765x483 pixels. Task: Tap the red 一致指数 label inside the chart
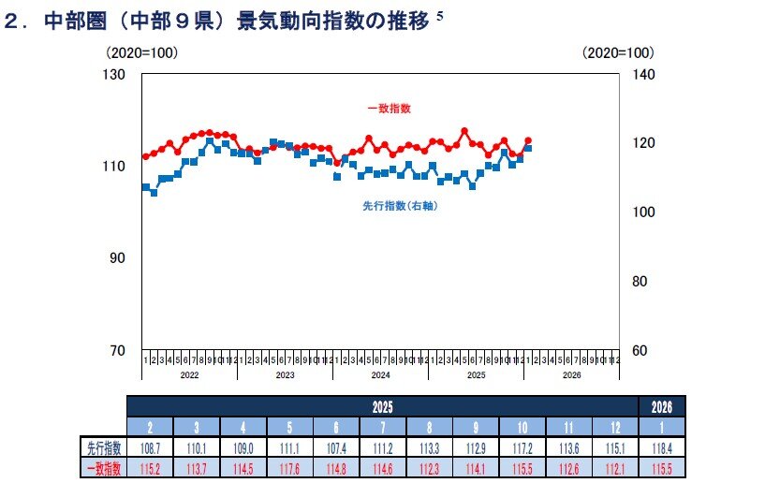pyautogui.click(x=389, y=109)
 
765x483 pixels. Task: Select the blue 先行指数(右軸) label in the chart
pyautogui.click(x=400, y=205)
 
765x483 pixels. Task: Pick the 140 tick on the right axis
pyautogui.click(x=641, y=74)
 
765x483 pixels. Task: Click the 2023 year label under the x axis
pyautogui.click(x=285, y=374)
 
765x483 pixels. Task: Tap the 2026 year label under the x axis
pyautogui.click(x=571, y=374)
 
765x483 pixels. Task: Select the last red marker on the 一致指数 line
pyautogui.click(x=528, y=140)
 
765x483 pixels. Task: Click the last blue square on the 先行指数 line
pyautogui.click(x=528, y=148)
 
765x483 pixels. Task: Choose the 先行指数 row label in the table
pyautogui.click(x=103, y=447)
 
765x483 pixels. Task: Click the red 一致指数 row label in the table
pyautogui.click(x=103, y=468)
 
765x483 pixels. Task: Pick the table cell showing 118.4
pyautogui.click(x=662, y=447)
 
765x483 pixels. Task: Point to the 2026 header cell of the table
pyautogui.click(x=662, y=406)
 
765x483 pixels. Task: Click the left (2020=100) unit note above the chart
pyautogui.click(x=141, y=52)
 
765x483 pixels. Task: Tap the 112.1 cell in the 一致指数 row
pyautogui.click(x=615, y=468)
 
